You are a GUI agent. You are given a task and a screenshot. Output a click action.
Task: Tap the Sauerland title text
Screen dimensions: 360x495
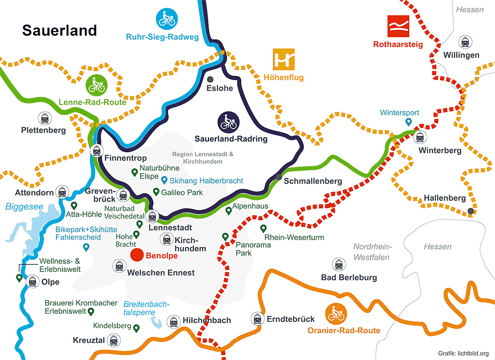59,30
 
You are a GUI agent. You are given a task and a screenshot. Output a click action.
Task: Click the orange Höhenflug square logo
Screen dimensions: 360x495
284,59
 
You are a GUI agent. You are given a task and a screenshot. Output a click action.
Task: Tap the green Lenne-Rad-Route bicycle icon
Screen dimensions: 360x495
96,85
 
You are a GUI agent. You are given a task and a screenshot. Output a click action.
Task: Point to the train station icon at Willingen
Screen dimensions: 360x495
465,42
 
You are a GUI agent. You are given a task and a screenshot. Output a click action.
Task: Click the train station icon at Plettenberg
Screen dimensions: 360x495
45,118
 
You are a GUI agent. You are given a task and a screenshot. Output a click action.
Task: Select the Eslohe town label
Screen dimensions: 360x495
220,89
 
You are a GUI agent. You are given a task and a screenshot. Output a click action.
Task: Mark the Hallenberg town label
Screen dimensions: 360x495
445,198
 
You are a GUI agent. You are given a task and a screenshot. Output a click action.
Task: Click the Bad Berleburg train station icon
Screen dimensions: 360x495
339,264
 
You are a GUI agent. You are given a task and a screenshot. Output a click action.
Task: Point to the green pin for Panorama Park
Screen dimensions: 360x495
225,237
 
